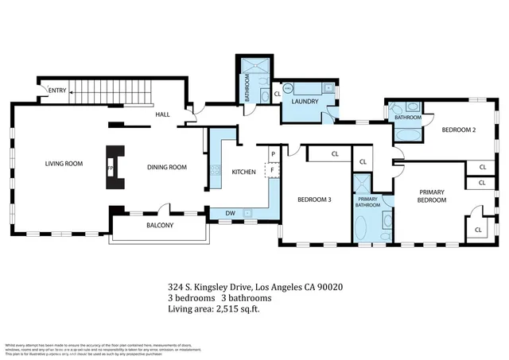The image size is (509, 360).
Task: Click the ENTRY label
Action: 57,91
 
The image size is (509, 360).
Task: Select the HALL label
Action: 162,115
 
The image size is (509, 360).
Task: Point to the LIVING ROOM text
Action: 63,165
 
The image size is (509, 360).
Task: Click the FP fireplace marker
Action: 110,168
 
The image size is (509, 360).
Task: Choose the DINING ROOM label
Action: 166,168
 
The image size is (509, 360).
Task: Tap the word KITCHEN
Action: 243,172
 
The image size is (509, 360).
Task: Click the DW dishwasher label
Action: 229,213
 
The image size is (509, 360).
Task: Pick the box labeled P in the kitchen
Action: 272,153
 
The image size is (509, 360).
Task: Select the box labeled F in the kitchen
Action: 272,168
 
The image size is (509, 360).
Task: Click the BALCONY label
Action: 160,226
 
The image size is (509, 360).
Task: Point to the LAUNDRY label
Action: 305,102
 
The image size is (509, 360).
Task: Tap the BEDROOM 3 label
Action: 314,199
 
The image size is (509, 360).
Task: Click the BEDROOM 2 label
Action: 458,130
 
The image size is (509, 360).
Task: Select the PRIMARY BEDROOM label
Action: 432,196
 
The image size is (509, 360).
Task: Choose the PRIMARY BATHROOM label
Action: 367,203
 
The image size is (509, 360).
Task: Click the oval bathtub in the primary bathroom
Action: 362,228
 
